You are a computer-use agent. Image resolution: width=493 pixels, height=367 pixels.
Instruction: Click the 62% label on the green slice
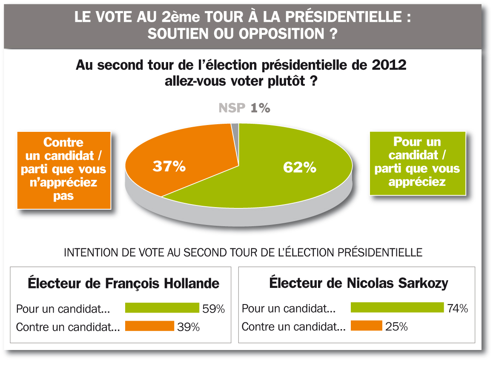point(300,168)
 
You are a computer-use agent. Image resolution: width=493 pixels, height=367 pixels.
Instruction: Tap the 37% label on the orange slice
point(169,166)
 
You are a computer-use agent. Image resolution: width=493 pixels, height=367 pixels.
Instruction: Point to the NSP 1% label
point(244,108)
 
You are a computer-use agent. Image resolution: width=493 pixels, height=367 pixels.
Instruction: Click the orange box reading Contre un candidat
point(64,170)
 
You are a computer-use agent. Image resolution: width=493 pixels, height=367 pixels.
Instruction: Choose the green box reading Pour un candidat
point(417,162)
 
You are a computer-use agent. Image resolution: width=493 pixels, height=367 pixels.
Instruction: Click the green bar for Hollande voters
point(162,308)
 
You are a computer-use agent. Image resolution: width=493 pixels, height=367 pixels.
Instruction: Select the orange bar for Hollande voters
point(150,326)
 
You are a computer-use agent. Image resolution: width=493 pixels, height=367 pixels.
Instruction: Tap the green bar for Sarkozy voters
point(397,307)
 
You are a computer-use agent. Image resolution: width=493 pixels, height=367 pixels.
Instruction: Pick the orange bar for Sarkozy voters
point(366,326)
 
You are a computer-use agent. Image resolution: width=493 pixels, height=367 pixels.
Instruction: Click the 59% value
point(214,309)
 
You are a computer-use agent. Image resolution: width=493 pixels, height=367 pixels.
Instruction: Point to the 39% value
point(189,327)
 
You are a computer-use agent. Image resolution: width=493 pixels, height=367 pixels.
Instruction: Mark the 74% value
point(458,308)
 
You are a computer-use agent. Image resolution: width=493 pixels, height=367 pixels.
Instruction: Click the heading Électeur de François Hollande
point(123,283)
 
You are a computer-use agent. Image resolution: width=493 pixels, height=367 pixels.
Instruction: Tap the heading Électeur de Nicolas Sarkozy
point(358,283)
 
